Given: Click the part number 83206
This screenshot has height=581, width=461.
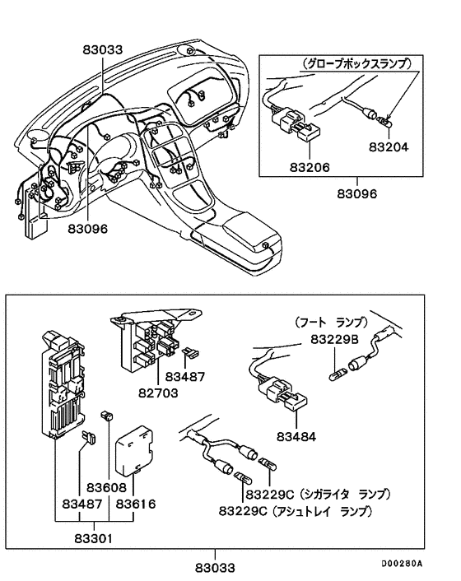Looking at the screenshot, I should pos(310,166).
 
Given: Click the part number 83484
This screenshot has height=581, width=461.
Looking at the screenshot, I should pos(296,434).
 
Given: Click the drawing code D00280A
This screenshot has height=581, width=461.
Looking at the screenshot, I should pos(401,565).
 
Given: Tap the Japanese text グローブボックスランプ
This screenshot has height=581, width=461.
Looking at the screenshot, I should pos(355,63).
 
